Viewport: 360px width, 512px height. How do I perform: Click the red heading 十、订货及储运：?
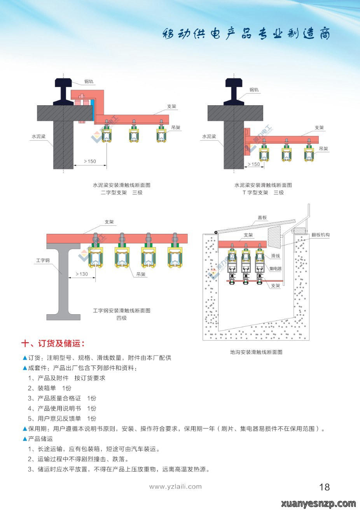[53, 343]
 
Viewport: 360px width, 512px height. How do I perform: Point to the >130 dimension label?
[82, 274]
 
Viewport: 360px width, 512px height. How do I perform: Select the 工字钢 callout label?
[43, 260]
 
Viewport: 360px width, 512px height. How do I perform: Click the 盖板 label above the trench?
[262, 218]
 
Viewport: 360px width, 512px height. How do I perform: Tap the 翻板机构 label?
[321, 235]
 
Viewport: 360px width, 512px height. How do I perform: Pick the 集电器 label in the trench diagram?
[276, 268]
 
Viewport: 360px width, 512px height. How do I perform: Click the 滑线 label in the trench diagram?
[275, 256]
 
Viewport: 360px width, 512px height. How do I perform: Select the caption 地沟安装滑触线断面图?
[256, 352]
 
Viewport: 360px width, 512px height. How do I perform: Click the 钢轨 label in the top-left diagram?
[89, 82]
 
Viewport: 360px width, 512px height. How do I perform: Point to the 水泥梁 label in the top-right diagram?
[209, 136]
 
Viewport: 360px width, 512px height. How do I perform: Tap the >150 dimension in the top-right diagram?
[254, 164]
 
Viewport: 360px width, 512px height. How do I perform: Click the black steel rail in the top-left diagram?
[63, 91]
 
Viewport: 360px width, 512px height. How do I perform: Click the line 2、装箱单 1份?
[50, 388]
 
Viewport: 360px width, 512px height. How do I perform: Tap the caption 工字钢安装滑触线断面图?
[122, 311]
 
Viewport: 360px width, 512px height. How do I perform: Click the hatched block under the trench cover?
[274, 237]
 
